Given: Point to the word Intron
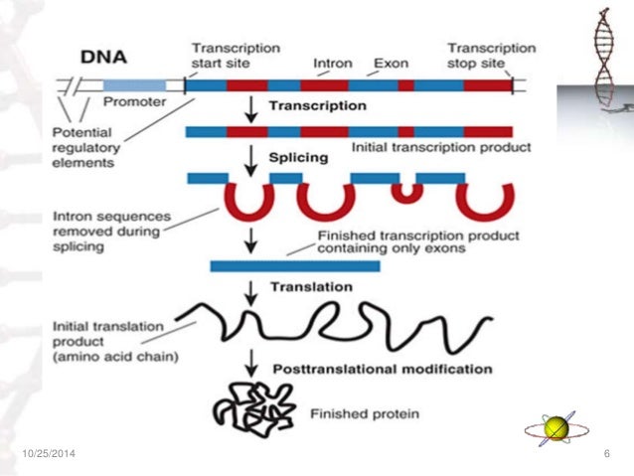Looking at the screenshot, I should [x=333, y=63].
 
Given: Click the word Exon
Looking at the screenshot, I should [x=390, y=63].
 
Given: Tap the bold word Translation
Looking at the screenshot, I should [x=312, y=287].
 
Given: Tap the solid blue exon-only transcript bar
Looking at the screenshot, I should [x=294, y=265].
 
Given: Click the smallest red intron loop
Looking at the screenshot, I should [x=405, y=190].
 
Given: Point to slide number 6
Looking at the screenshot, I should [x=605, y=454].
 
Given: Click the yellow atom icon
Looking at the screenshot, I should [x=555, y=428].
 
